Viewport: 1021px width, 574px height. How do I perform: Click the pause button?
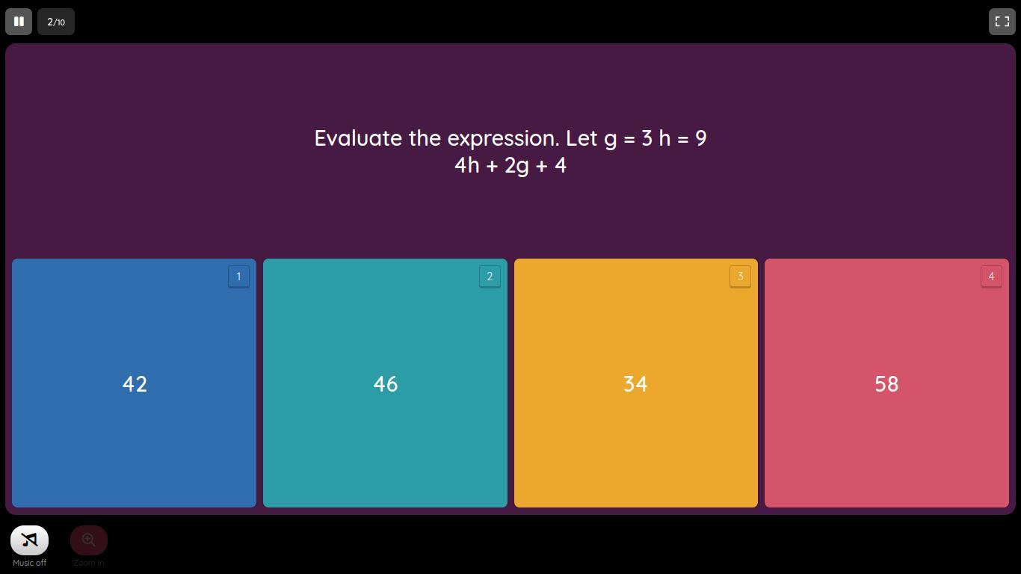(19, 22)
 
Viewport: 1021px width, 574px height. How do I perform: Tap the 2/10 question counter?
(56, 22)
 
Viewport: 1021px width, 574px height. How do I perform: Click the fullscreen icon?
(1002, 22)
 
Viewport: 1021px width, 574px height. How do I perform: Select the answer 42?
(134, 383)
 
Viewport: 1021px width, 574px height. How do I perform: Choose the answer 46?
(385, 383)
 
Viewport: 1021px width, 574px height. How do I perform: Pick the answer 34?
(636, 383)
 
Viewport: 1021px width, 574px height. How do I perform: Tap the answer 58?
(886, 383)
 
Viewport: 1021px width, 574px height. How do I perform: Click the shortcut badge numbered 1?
(238, 277)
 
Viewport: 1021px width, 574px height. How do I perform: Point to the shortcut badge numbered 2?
(490, 277)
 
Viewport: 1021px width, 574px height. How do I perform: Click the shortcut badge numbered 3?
(740, 277)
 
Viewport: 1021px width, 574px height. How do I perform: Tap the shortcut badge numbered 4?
(991, 277)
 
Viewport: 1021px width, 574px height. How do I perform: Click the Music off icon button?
(30, 540)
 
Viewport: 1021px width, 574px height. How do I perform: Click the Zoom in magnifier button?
(88, 540)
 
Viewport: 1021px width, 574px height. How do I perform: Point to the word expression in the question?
(503, 139)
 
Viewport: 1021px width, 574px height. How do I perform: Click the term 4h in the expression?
(466, 165)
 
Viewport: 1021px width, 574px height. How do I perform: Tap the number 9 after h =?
(701, 138)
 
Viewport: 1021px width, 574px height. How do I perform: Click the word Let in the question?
(582, 138)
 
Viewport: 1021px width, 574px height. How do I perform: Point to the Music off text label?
(30, 563)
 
